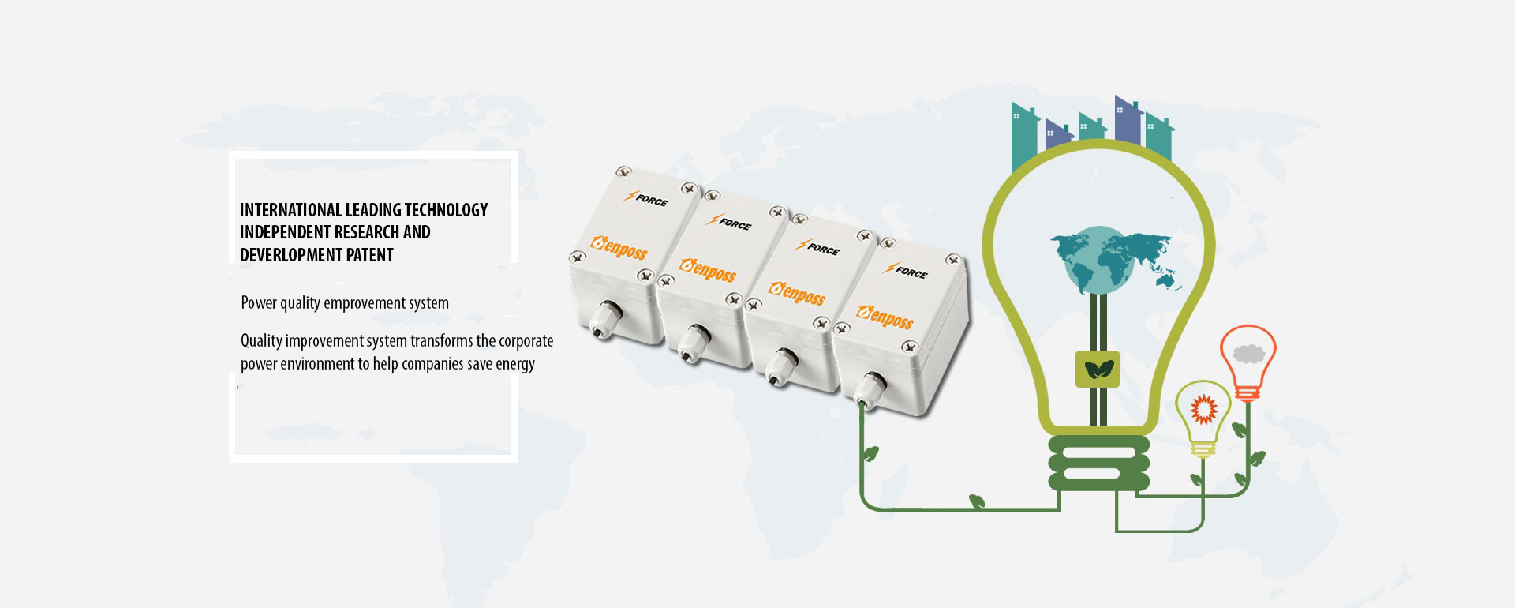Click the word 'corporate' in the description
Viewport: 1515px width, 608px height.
526,341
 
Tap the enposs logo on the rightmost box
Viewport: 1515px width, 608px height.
885,317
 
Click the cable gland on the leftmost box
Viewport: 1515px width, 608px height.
606,315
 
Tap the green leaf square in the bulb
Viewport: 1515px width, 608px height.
1098,369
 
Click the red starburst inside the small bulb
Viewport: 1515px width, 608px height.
1203,409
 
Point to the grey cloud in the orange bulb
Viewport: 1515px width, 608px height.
1248,353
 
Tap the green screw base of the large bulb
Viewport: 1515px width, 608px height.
1098,464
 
